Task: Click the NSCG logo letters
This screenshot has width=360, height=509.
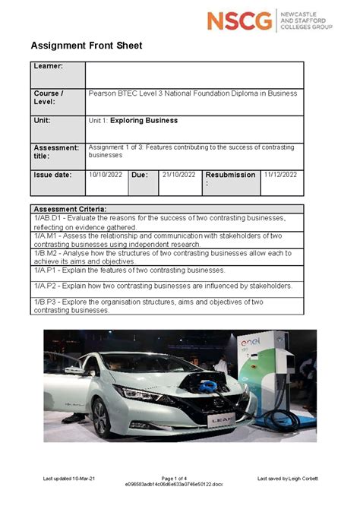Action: [x=240, y=21]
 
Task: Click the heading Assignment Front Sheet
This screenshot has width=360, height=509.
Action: [x=86, y=46]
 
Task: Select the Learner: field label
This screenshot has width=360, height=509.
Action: [x=48, y=67]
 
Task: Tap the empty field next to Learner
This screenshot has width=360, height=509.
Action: [x=194, y=75]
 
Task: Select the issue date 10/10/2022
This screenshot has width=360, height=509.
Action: [x=106, y=174]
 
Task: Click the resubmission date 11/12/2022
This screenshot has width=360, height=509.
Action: [x=280, y=174]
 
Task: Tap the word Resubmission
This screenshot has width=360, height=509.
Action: [x=230, y=175]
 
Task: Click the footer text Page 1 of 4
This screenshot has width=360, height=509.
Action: [x=179, y=478]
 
